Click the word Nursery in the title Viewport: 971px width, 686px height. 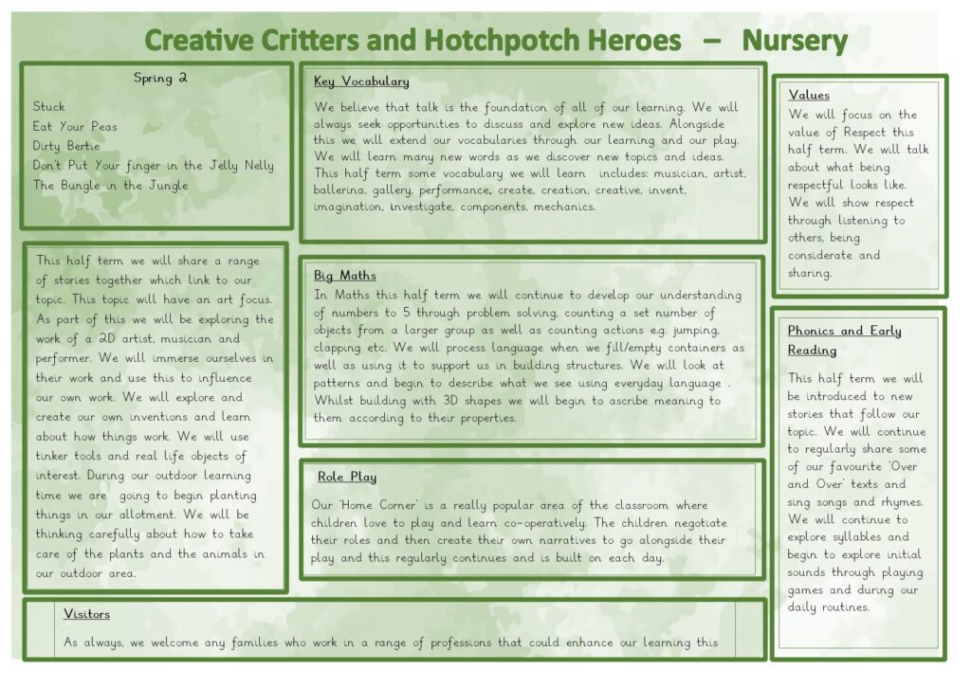click(794, 41)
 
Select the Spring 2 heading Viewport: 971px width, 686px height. click(159, 78)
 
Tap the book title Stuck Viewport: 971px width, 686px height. click(49, 106)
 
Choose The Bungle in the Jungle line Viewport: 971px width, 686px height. click(111, 185)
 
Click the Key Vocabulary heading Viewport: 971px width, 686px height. click(361, 81)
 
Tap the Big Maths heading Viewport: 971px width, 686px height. click(345, 276)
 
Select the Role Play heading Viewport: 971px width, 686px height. click(347, 477)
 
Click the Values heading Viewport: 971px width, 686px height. click(809, 95)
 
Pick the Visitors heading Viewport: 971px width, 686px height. click(86, 614)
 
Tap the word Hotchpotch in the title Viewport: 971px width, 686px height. click(502, 41)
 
